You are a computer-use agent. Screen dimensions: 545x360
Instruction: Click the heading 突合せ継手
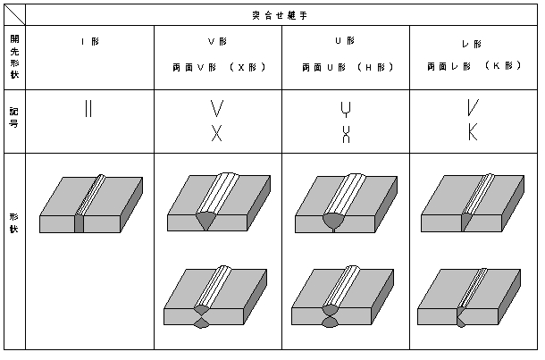click(280, 16)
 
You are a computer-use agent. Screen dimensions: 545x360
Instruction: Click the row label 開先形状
click(14, 56)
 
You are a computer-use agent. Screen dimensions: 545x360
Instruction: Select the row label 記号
click(14, 117)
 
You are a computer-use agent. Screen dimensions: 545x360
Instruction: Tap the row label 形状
click(14, 222)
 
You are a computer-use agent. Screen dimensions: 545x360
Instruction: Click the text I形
click(90, 42)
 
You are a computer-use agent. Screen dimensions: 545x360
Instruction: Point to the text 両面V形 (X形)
click(219, 67)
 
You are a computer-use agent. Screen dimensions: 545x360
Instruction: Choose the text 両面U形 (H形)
click(348, 67)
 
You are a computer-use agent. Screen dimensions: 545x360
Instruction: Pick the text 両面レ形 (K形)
click(474, 65)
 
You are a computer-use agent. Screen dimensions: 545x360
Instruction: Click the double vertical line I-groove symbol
click(88, 108)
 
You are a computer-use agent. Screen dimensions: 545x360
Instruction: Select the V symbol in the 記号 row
click(216, 108)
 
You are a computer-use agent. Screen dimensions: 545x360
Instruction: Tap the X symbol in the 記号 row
click(216, 133)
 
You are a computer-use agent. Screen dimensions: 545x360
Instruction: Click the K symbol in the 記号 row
click(473, 131)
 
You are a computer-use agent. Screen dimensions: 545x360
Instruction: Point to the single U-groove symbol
click(346, 110)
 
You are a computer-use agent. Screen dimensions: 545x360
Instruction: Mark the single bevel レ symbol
click(473, 107)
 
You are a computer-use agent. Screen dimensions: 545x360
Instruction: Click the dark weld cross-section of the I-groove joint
click(80, 224)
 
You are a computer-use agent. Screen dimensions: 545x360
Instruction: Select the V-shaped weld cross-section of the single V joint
click(205, 221)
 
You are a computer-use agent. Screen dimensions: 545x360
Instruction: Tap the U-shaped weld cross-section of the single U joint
click(333, 222)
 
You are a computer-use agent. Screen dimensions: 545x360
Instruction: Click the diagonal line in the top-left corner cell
click(14, 15)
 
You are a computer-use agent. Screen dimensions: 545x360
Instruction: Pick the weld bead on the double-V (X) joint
click(213, 287)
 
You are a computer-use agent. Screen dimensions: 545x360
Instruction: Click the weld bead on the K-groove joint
click(472, 288)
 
